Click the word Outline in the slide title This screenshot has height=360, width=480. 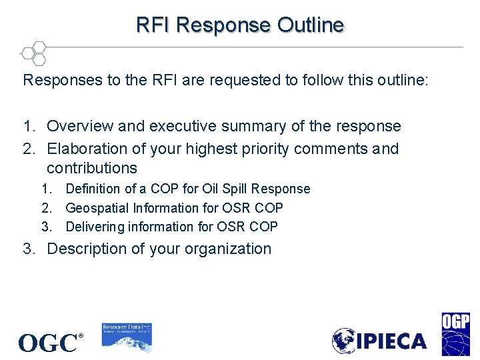tap(311, 25)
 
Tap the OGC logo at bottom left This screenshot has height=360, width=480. tap(51, 343)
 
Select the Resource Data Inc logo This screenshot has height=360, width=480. tap(127, 337)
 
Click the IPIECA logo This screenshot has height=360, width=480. tap(379, 341)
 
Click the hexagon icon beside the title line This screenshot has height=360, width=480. tap(33, 53)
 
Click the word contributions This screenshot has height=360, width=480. tap(92, 168)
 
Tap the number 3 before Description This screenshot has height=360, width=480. tap(27, 249)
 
